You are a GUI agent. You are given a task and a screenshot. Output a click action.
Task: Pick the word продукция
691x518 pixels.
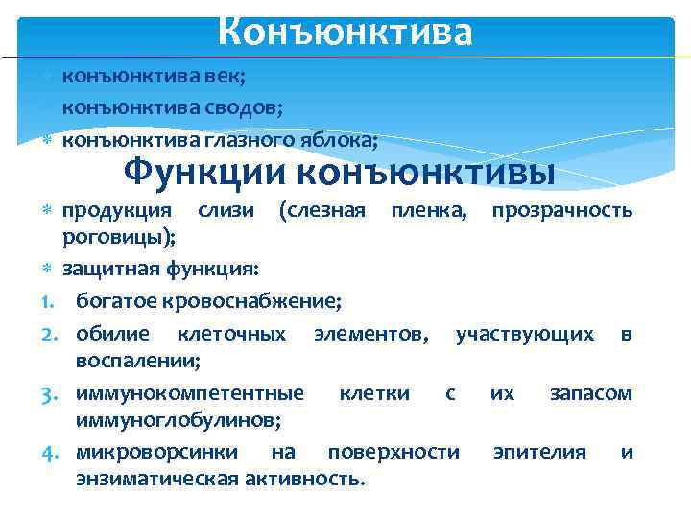117,209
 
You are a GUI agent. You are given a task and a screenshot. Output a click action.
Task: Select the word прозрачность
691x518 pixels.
562,209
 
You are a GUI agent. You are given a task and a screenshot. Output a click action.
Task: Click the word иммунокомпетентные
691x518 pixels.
190,393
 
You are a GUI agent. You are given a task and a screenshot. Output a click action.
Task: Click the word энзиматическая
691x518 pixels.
155,479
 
